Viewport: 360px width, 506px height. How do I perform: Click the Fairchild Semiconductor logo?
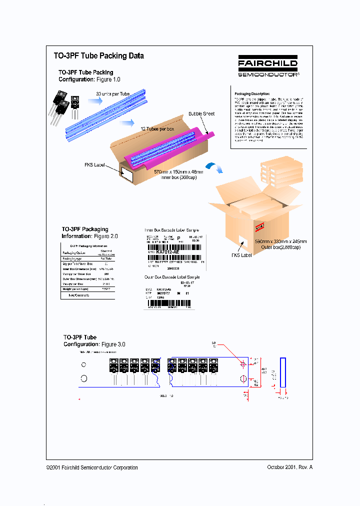[268, 66]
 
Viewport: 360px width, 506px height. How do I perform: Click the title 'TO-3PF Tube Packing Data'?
[98, 56]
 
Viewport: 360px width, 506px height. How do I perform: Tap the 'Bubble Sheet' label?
[201, 113]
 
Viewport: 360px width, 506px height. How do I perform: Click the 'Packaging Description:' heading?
[252, 93]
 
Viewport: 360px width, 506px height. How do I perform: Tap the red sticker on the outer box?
[259, 227]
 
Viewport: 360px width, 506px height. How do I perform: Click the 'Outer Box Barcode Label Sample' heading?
[172, 277]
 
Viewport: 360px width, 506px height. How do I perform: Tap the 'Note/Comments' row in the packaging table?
[75, 295]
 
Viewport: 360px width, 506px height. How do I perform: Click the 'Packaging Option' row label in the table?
[73, 253]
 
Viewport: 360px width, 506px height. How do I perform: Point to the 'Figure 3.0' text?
[113, 344]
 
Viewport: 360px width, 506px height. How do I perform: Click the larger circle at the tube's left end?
[84, 378]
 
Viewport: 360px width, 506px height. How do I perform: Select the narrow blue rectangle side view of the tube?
[283, 371]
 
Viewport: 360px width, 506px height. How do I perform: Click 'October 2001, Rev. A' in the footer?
[289, 467]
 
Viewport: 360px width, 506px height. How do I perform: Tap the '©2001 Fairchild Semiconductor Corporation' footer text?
[92, 467]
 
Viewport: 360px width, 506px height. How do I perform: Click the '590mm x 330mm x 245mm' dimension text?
[280, 241]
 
